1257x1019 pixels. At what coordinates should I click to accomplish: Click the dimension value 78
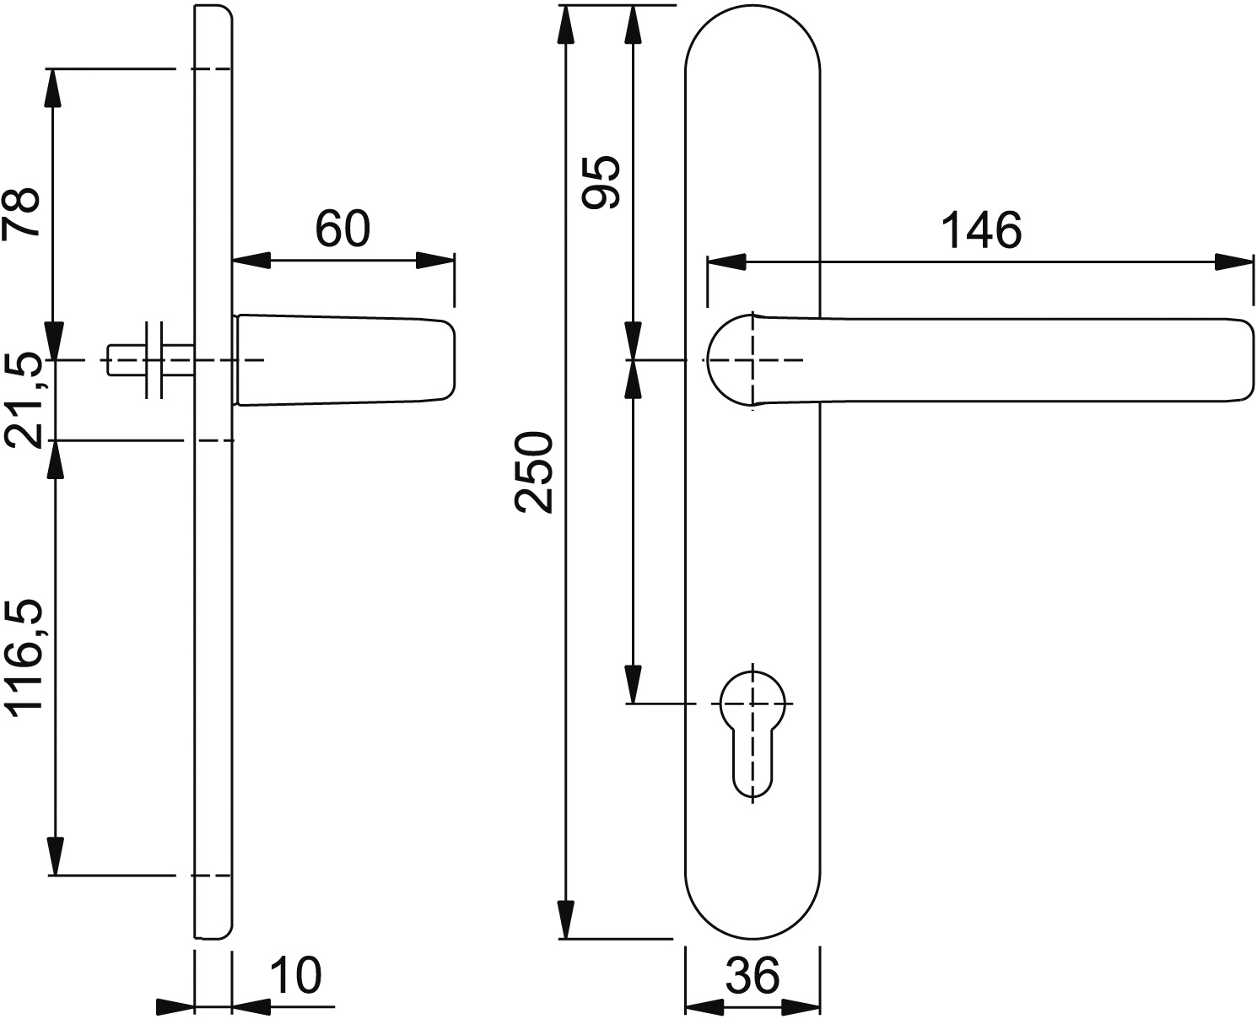[x=21, y=213]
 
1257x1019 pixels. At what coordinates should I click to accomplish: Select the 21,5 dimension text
[x=24, y=402]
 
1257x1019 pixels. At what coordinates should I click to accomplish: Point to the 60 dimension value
[x=343, y=229]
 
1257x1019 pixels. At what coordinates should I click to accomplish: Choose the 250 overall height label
[x=533, y=472]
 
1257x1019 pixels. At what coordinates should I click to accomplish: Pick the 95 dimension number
[x=601, y=182]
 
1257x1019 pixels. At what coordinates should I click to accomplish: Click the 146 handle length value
[x=981, y=230]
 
